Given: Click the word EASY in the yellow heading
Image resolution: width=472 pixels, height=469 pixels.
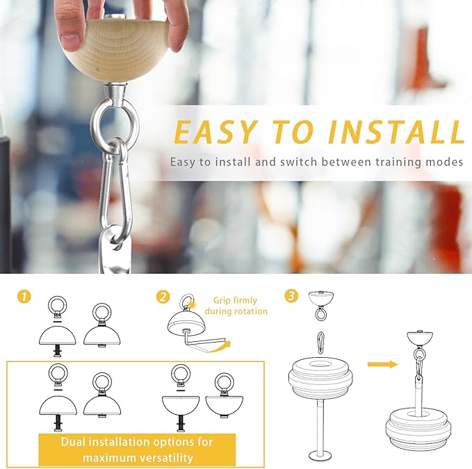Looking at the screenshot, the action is [x=216, y=132].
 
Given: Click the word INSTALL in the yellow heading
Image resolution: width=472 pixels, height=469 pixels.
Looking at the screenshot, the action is [x=396, y=132].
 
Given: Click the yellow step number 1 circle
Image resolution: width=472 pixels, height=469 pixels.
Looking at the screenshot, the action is [x=24, y=296].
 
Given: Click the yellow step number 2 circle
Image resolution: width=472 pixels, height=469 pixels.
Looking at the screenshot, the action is [x=163, y=297].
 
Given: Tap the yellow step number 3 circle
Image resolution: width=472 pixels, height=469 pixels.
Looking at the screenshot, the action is [x=291, y=296].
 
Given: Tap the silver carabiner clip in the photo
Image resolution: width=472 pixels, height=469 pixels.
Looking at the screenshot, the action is [x=106, y=192].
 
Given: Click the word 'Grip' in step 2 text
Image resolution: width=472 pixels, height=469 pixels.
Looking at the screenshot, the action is [x=222, y=301].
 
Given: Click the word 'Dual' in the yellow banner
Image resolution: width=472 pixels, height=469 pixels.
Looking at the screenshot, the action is [x=72, y=442].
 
